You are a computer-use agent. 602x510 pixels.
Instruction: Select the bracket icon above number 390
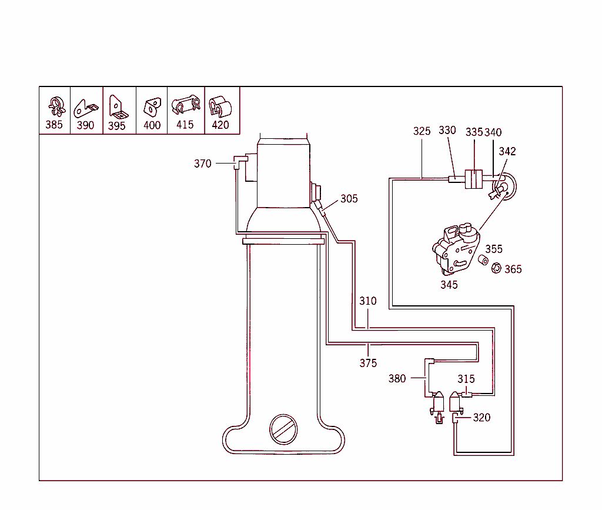click(85, 108)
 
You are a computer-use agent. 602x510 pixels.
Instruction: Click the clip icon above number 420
click(220, 105)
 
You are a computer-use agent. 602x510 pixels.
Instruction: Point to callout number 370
click(202, 164)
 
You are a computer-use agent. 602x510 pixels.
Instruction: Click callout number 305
click(349, 199)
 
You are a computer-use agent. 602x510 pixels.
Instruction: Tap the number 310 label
click(368, 301)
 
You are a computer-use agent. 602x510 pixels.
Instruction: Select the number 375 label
click(368, 364)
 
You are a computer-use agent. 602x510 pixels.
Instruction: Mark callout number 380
click(397, 379)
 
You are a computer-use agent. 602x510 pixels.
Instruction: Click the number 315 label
click(466, 379)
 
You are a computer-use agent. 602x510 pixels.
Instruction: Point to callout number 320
click(481, 418)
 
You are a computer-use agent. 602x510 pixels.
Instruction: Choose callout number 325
click(422, 131)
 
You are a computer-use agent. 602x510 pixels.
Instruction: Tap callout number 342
click(507, 151)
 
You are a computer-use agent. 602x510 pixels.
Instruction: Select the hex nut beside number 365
click(496, 268)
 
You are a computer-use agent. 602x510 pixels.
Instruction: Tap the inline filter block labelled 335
click(474, 179)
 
